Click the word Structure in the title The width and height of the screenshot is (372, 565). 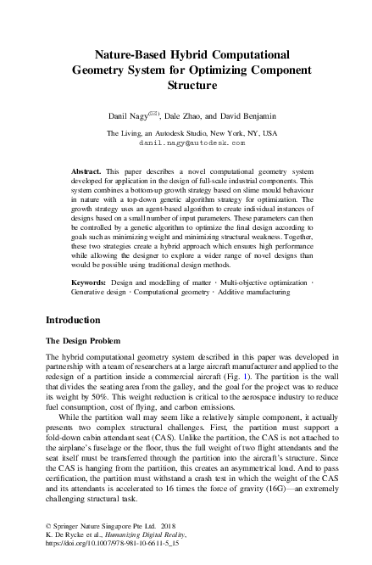click(186, 85)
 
